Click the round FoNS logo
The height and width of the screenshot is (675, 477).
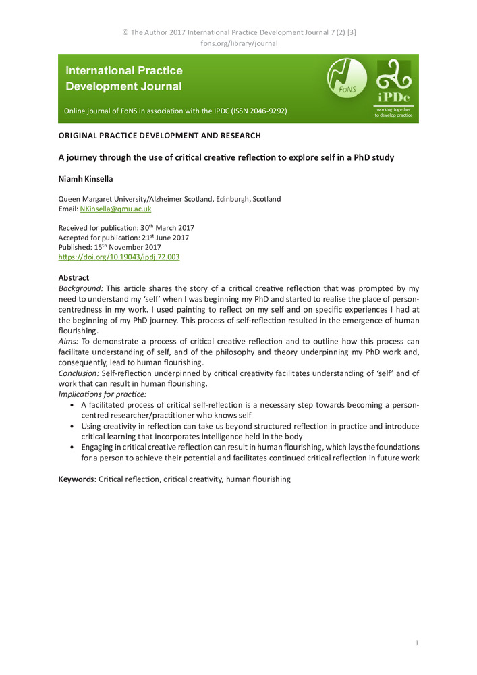pyautogui.click(x=347, y=78)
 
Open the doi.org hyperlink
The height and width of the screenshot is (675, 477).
pyautogui.click(x=119, y=257)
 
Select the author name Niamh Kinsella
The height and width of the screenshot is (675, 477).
pyautogui.click(x=84, y=180)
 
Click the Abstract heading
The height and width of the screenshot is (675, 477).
pyautogui.click(x=74, y=278)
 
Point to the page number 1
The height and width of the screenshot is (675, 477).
pyautogui.click(x=417, y=643)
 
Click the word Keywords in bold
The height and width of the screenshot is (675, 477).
pyautogui.click(x=76, y=479)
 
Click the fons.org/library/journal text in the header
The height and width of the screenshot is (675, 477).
pyautogui.click(x=239, y=43)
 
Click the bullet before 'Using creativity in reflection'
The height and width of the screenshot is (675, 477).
pyautogui.click(x=72, y=427)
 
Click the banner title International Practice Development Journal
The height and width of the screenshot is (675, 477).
pyautogui.click(x=124, y=78)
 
